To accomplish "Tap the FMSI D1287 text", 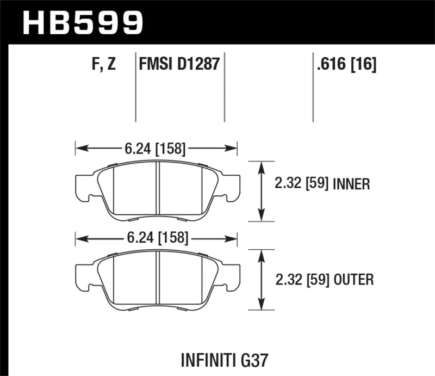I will (x=179, y=65).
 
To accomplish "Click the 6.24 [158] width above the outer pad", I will (x=157, y=238).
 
